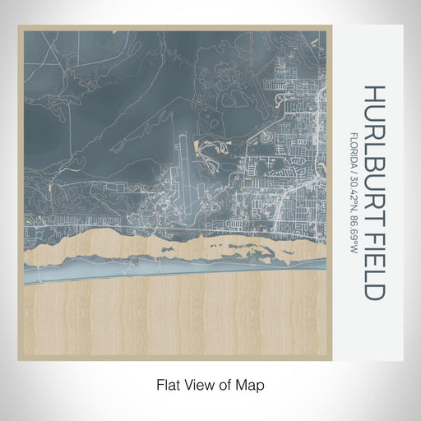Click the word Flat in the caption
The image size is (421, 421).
[168, 384]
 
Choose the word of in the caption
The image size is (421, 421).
[226, 384]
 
